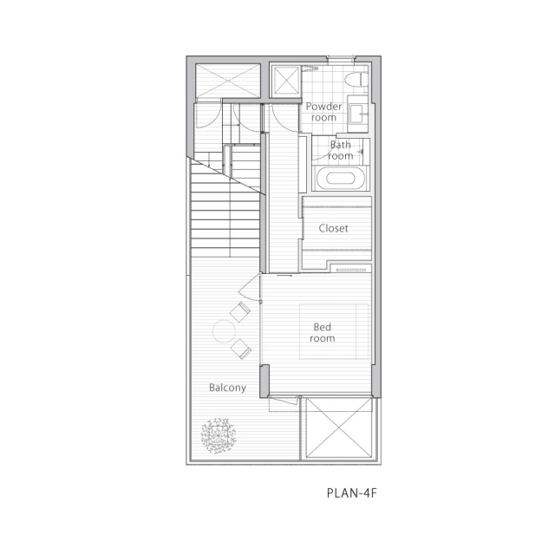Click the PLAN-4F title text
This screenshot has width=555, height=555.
(352, 493)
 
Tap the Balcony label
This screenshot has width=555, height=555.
(227, 388)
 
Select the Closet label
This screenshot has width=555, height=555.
(333, 228)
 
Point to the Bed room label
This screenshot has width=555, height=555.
(323, 332)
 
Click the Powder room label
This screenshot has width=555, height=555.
(323, 112)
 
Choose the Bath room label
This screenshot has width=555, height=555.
(341, 150)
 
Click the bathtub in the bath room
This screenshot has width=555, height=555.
(341, 178)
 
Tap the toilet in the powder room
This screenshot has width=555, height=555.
(356, 80)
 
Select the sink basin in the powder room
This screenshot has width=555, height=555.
(358, 114)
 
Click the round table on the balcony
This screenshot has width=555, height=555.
(224, 331)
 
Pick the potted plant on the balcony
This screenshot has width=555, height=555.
(219, 435)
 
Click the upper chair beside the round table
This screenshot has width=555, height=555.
(240, 311)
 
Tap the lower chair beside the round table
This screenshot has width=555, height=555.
(241, 349)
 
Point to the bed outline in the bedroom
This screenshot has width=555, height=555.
(334, 331)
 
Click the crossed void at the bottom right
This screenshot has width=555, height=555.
(339, 428)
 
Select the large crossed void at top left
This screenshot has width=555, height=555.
(228, 81)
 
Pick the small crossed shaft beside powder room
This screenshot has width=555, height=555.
(286, 81)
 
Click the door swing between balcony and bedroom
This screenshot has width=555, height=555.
(250, 287)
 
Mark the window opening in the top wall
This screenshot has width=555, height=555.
(341, 60)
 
